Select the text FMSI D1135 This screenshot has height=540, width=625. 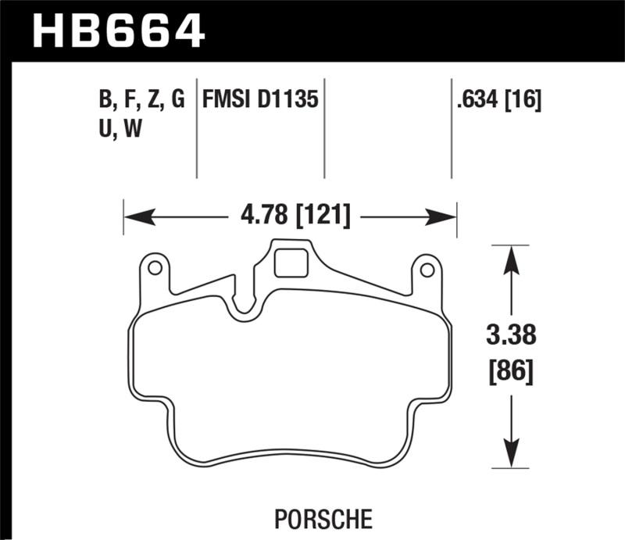[x=260, y=100]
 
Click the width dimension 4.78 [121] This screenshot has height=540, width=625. [x=290, y=215]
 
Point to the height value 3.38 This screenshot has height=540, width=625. [x=512, y=338]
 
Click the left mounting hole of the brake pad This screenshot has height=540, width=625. [x=155, y=269]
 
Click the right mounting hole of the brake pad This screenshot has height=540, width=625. [x=427, y=270]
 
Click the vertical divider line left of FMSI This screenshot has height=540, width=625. [x=196, y=129]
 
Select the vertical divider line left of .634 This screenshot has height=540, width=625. [x=452, y=129]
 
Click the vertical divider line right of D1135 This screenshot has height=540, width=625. [x=324, y=129]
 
